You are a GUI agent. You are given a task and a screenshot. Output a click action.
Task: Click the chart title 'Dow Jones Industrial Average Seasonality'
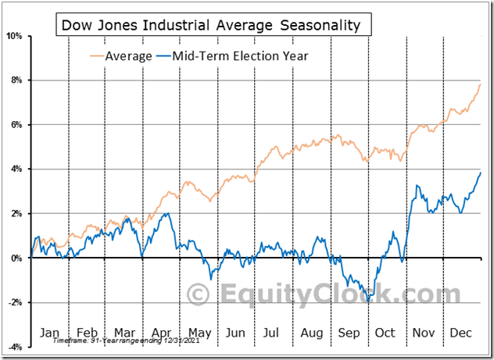[x=210, y=25]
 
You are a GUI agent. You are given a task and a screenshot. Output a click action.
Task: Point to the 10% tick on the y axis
[x=16, y=36]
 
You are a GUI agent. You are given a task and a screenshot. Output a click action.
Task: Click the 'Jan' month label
[x=49, y=332]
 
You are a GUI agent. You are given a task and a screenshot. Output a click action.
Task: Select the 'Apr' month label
[x=162, y=332]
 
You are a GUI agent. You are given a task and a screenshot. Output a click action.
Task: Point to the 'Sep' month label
[x=349, y=332]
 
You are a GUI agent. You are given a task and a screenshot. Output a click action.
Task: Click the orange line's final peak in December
[x=480, y=84]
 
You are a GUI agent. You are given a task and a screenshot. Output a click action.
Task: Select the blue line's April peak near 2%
[x=166, y=213]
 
